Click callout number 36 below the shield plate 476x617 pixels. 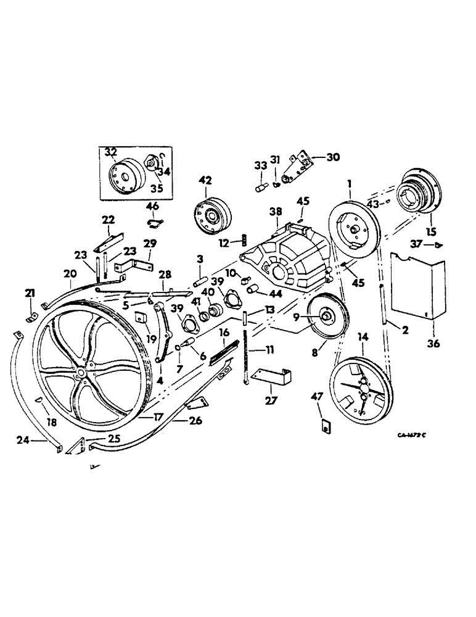click(433, 344)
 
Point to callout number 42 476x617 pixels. click(205, 180)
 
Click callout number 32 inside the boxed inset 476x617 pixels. click(111, 151)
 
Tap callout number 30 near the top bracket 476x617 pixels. click(333, 157)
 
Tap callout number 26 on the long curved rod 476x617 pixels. click(179, 422)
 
